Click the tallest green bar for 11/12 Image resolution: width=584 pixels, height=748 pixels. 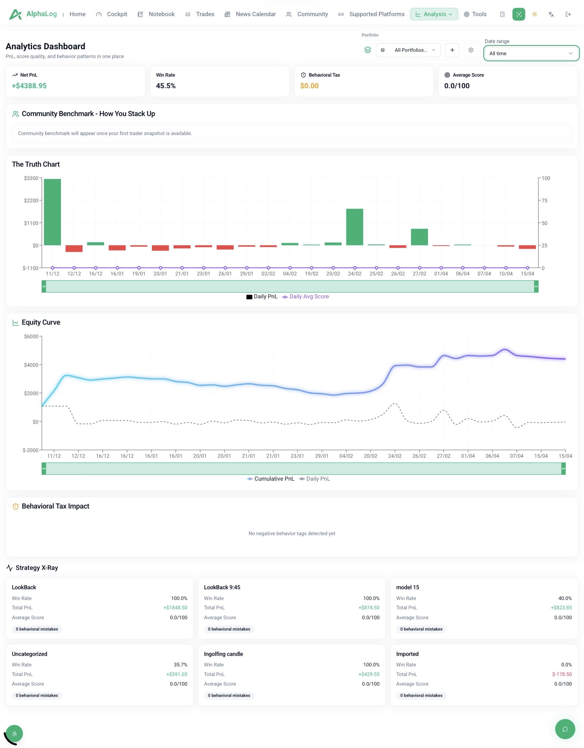pyautogui.click(x=52, y=212)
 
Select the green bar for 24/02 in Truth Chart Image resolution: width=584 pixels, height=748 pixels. pyautogui.click(x=354, y=227)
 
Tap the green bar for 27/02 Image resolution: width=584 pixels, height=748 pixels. pyautogui.click(x=419, y=237)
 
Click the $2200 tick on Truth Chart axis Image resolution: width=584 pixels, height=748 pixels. pyautogui.click(x=31, y=200)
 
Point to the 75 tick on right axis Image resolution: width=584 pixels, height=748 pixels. pyautogui.click(x=544, y=200)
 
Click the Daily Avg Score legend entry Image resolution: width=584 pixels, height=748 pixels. pyautogui.click(x=305, y=296)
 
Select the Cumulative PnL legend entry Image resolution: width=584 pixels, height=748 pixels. pyautogui.click(x=270, y=478)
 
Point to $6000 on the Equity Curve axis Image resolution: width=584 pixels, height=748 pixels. pyautogui.click(x=31, y=336)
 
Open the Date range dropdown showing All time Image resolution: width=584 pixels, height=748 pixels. pyautogui.click(x=531, y=54)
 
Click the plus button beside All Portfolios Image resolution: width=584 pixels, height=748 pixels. pyautogui.click(x=452, y=50)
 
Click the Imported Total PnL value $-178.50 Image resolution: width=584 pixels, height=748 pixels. pyautogui.click(x=562, y=674)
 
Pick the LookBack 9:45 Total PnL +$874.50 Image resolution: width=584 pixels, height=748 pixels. pyautogui.click(x=369, y=608)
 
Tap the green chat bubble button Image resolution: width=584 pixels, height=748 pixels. pyautogui.click(x=565, y=729)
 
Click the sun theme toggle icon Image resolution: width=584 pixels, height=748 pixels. pyautogui.click(x=534, y=14)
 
